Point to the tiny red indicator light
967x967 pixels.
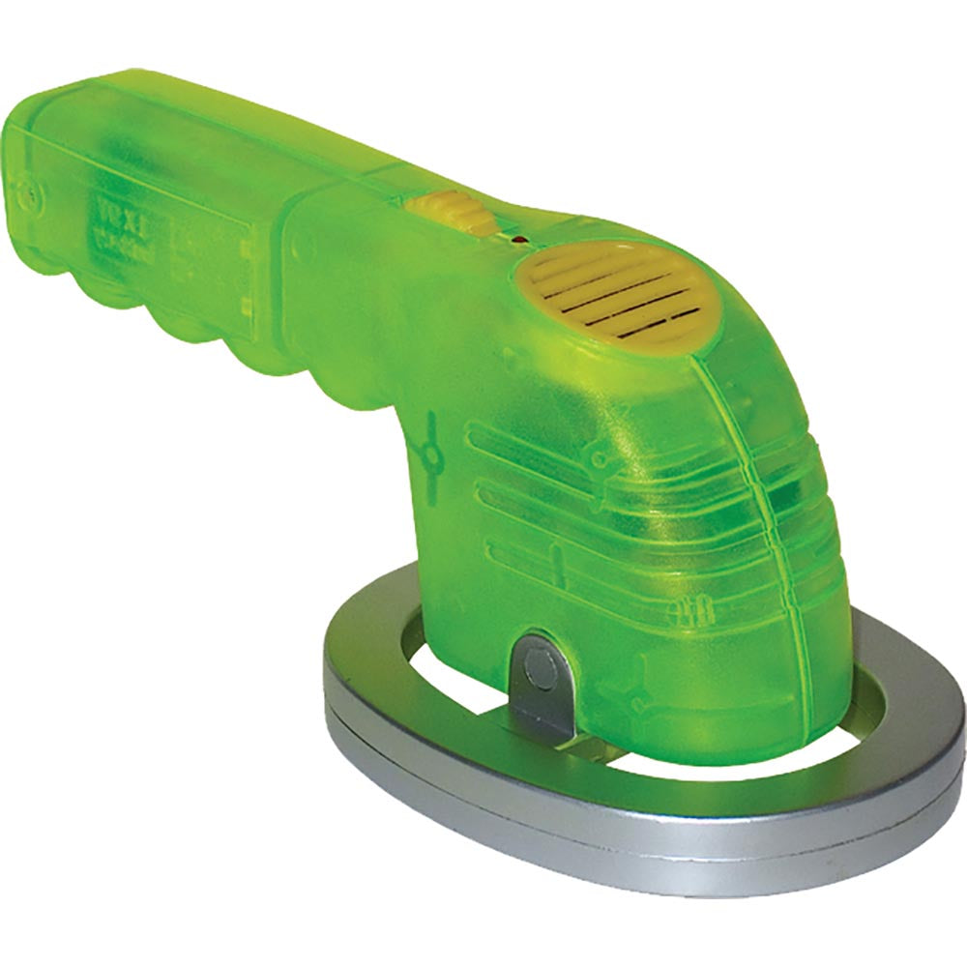(519, 237)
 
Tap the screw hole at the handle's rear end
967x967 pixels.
(32, 192)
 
